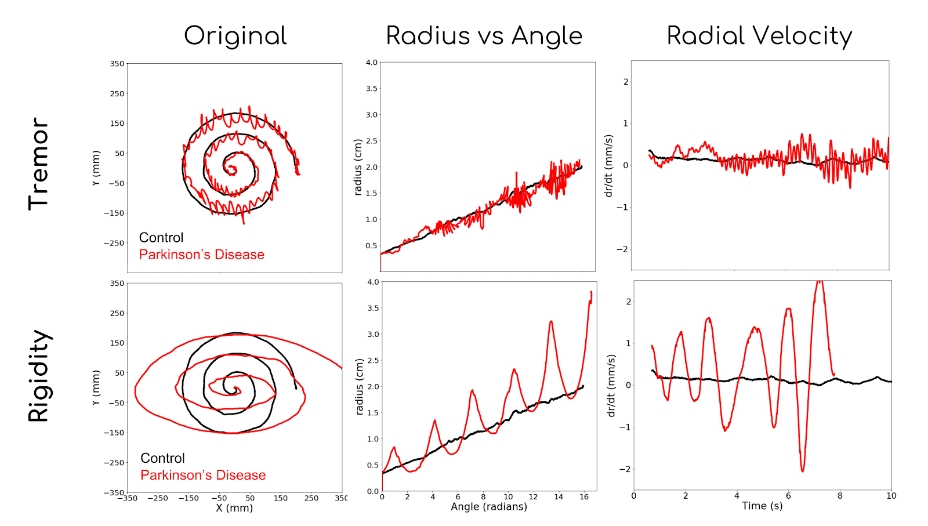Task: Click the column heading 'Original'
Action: [x=235, y=36]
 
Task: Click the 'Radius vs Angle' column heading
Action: [x=484, y=36]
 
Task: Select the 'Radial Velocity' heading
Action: [x=759, y=36]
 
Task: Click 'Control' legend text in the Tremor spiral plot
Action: [x=161, y=238]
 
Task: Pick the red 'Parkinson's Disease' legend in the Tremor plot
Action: [x=201, y=255]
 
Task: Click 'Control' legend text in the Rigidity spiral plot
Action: [x=162, y=458]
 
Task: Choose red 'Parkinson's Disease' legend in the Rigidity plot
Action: [x=203, y=475]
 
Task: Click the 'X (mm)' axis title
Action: [x=234, y=508]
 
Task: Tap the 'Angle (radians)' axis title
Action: [x=489, y=507]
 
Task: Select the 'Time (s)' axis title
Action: [x=762, y=506]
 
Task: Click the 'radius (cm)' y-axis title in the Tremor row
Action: [x=358, y=167]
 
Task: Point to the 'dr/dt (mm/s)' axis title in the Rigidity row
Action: [x=611, y=386]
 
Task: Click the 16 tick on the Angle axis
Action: [x=583, y=496]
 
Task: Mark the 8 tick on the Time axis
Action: [x=840, y=496]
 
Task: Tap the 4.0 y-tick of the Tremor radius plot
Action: [x=371, y=63]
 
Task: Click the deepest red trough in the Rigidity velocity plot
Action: [x=803, y=470]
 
